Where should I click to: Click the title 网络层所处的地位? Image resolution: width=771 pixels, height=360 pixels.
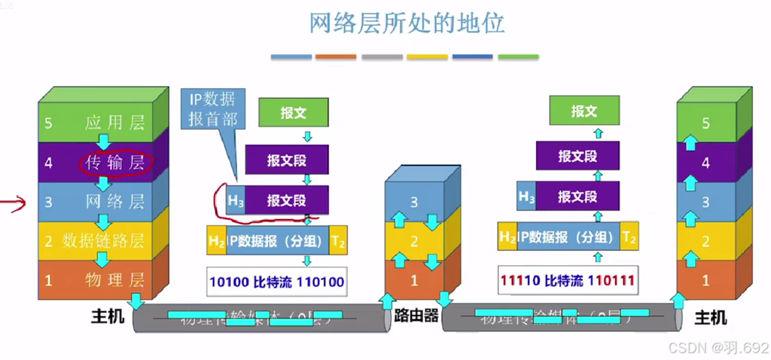coord(407,23)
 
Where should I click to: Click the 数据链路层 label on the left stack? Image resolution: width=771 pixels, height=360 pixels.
coord(104,241)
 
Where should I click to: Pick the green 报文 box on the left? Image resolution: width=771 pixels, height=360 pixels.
coord(294,113)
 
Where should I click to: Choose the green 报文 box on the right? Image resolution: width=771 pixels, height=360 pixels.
coord(584,111)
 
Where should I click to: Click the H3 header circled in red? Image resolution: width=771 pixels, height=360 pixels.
coord(236,201)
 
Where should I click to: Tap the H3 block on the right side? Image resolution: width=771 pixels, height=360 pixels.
coord(527,197)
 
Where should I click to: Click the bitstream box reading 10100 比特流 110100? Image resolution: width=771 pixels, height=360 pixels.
coord(276,282)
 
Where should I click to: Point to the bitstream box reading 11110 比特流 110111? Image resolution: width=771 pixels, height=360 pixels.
coord(567,282)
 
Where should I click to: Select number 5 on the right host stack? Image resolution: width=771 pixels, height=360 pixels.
coord(705,123)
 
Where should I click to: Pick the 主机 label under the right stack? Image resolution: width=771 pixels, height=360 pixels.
coord(709,318)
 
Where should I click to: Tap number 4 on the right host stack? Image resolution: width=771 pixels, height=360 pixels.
coord(705,162)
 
